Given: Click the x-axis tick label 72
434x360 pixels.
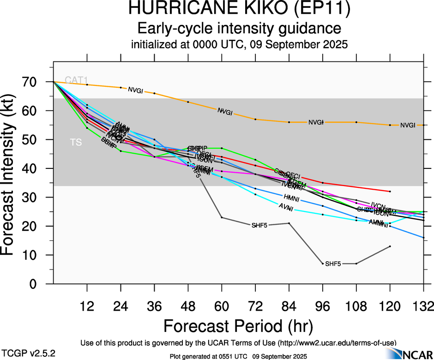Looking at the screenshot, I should (x=255, y=306).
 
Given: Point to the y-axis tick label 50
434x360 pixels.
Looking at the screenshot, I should (x=36, y=139).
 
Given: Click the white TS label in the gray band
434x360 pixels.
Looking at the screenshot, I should (x=76, y=143).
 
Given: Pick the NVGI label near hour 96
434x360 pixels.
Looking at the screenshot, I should (x=316, y=122).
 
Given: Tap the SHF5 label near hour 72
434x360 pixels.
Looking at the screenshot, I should (x=259, y=225).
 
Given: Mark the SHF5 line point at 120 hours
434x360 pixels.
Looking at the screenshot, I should (x=390, y=246).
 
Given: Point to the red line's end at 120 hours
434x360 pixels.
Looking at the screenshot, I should (x=390, y=191).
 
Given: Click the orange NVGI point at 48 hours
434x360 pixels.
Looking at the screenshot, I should (x=188, y=102).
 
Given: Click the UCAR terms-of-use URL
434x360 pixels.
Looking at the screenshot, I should (x=337, y=342).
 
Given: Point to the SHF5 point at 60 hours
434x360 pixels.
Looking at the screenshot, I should (x=222, y=217).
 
